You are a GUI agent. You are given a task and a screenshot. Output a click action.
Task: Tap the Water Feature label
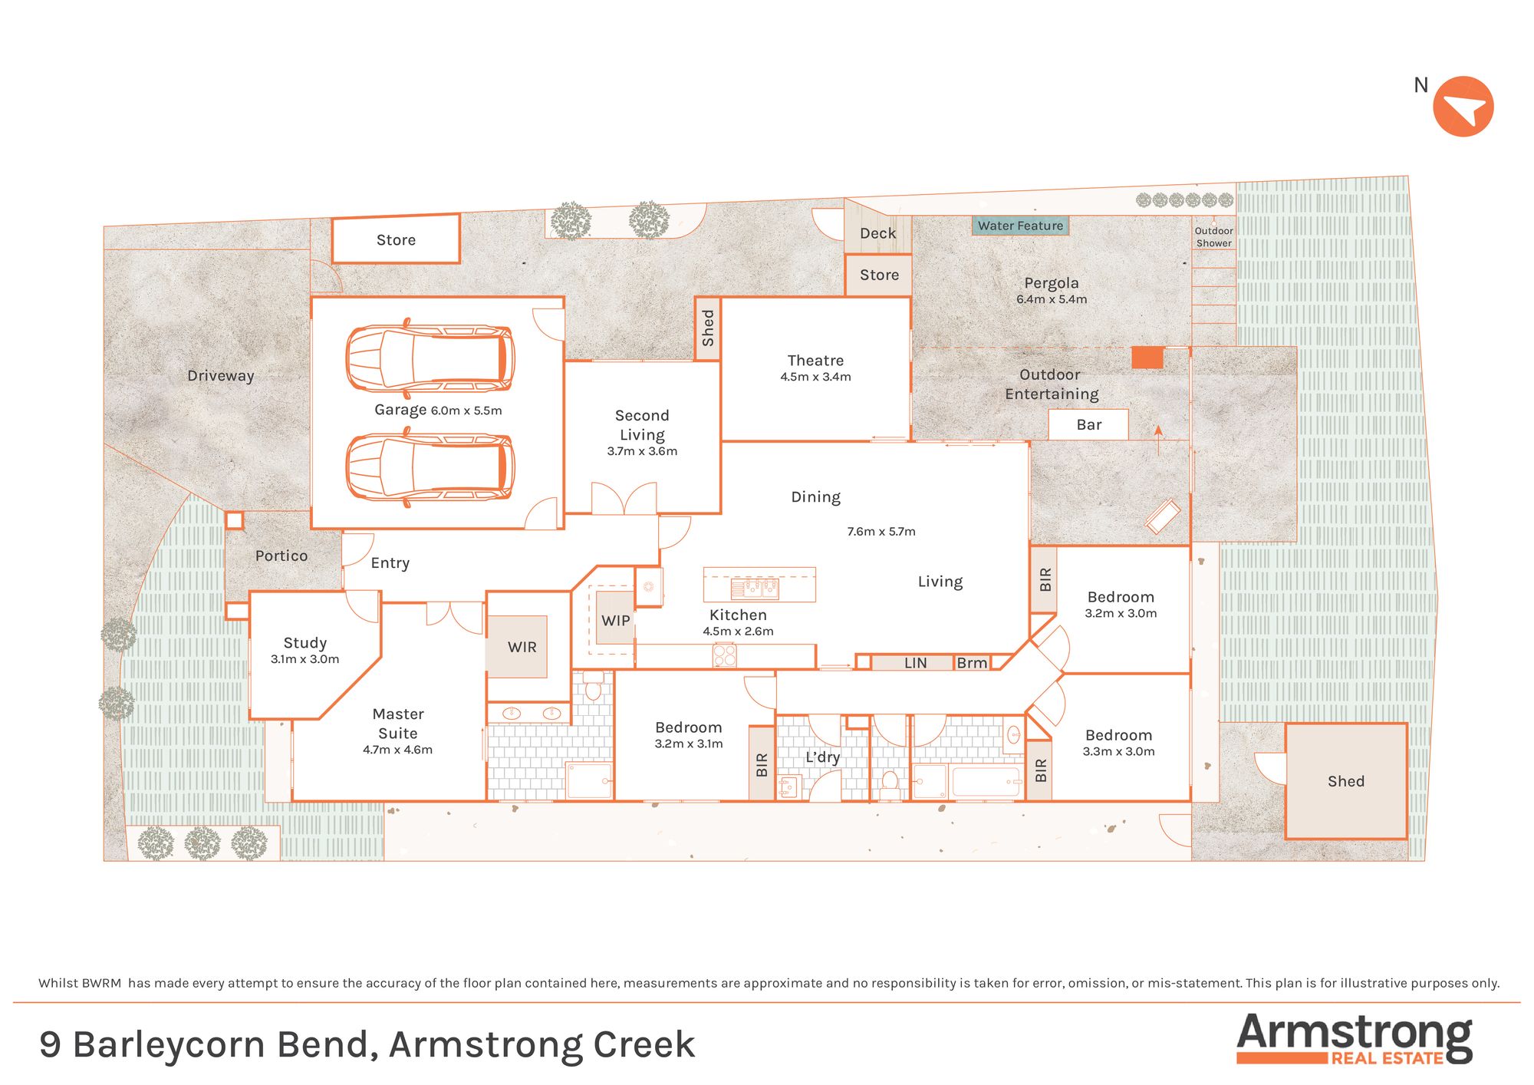tap(1020, 226)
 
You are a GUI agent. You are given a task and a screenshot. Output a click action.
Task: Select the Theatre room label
tap(815, 361)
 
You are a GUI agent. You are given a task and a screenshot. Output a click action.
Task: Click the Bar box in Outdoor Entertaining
tap(1088, 424)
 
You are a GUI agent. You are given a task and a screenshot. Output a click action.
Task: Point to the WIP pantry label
tap(615, 620)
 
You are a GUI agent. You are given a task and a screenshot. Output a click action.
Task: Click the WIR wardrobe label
tap(522, 647)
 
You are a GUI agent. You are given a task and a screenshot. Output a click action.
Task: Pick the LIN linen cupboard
tap(915, 663)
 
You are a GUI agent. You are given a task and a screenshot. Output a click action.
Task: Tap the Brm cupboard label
tap(972, 663)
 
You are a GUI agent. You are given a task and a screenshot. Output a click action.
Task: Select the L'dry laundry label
tap(822, 757)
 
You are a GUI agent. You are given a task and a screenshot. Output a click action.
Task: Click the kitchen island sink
tap(755, 589)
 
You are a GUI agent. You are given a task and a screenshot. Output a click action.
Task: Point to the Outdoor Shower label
tap(1213, 237)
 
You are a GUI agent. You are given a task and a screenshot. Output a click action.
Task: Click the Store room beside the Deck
tap(879, 275)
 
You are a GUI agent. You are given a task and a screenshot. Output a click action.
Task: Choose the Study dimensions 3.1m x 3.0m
tap(304, 659)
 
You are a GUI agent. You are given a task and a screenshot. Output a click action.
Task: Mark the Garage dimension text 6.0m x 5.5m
tap(466, 411)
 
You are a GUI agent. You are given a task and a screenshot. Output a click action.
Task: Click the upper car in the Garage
tap(430, 358)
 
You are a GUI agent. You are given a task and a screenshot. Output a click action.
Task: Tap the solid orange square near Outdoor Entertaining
tap(1147, 358)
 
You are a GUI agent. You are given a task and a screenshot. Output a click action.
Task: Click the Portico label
tap(281, 556)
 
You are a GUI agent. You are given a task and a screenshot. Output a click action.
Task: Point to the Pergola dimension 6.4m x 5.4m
tap(1052, 299)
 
